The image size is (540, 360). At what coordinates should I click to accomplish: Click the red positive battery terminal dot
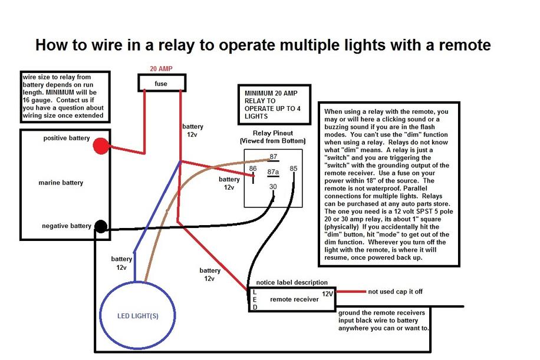click(x=101, y=146)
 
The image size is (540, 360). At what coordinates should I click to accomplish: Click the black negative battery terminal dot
click(x=101, y=226)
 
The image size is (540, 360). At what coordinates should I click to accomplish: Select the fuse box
click(x=162, y=83)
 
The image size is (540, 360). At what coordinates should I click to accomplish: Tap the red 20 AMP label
click(x=161, y=68)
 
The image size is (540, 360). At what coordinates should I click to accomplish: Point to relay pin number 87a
click(x=272, y=171)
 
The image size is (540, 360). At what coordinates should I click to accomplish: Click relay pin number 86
click(x=252, y=169)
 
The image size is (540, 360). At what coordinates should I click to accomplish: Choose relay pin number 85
click(x=294, y=169)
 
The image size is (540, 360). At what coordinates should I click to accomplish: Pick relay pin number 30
click(x=272, y=187)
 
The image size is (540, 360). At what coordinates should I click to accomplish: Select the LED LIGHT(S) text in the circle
click(x=137, y=315)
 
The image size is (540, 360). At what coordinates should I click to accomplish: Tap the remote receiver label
click(x=294, y=299)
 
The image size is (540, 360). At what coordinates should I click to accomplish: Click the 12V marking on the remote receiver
click(x=327, y=293)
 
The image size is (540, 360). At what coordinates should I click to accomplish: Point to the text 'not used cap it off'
click(x=395, y=291)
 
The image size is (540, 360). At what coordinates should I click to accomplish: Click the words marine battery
click(x=61, y=183)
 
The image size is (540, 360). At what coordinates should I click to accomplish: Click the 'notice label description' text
click(x=288, y=283)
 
